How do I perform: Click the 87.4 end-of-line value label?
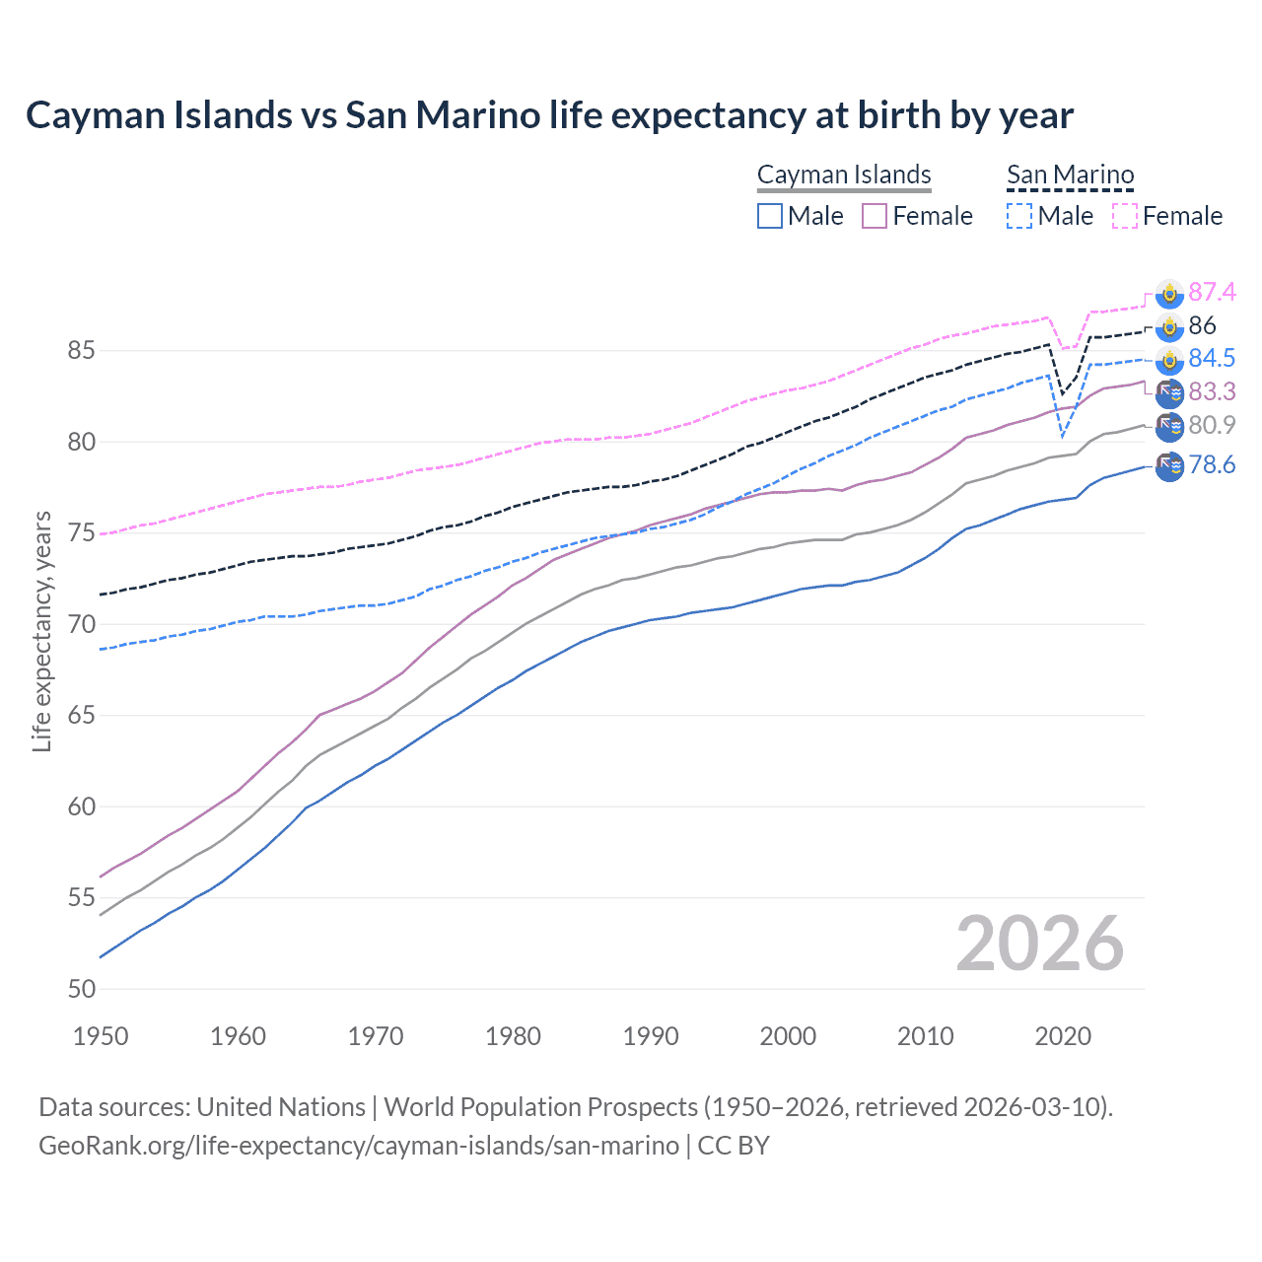1212,292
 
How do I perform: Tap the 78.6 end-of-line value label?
1212,464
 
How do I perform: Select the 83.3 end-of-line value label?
1212,391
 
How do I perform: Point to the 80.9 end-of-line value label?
1212,425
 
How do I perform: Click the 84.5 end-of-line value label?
1212,358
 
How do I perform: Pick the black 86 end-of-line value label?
1202,325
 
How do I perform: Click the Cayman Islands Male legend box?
770,216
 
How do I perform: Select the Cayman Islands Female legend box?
875,216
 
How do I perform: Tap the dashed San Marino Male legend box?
1019,216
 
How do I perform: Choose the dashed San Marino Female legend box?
1125,216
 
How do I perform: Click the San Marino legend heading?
1070,175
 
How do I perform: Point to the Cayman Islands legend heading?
844,175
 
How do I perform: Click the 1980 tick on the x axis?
513,1036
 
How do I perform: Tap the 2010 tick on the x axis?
925,1036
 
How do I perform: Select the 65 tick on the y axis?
81,715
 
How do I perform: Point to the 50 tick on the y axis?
81,989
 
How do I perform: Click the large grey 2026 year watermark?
1040,944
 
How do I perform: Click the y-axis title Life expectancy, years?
42,631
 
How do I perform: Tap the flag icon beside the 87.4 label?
1169,293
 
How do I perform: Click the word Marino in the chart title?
477,115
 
